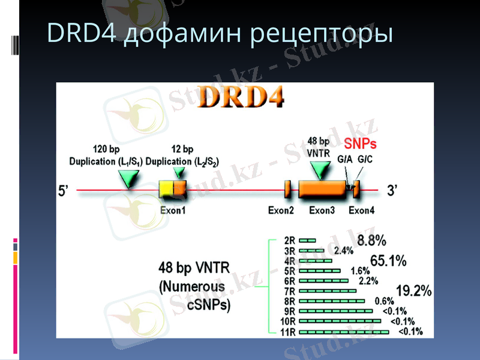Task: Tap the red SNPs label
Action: coord(360,145)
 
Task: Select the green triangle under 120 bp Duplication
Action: coord(128,178)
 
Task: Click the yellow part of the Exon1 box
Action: coord(166,191)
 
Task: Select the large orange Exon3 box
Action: coord(322,190)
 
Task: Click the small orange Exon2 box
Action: coord(287,190)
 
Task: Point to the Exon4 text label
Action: coord(361,210)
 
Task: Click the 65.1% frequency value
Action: coord(388,261)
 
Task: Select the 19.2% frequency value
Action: coord(413,291)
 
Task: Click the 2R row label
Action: coord(289,241)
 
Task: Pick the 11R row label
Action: coord(287,332)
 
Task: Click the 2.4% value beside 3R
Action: coord(344,250)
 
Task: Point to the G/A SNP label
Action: coord(344,160)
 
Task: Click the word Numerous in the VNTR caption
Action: coord(193,286)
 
